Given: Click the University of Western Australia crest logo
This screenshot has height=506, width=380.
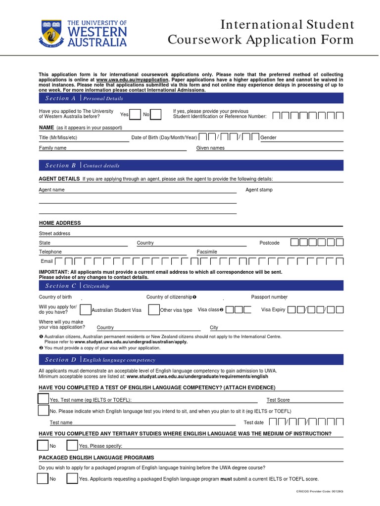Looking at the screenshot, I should pos(51,33).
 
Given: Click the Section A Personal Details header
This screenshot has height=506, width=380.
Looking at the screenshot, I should pos(84,98).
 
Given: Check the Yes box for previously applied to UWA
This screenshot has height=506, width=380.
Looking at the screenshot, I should pos(135,115).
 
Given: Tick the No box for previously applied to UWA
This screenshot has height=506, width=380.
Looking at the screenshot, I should pos(155,115).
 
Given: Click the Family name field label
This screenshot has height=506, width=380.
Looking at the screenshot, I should pos(52,148).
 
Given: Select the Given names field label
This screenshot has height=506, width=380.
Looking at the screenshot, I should pos(210,148).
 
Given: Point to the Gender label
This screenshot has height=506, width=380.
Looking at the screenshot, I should pos(269,137).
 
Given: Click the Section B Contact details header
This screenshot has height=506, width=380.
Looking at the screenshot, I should pos(83,166).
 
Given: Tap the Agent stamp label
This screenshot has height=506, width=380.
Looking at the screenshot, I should pos(259,190).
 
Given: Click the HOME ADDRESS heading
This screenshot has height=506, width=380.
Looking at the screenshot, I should pos(60,223).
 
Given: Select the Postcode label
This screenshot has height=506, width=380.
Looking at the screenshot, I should pos(270,243).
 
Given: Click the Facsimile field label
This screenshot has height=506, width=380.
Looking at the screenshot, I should pos(207,252).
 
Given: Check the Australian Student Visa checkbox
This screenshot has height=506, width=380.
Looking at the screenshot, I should pos(85,310).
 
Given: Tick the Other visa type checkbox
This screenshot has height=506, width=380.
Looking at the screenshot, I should pos(154,310).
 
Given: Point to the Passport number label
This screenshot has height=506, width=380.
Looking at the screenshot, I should pos(269,297).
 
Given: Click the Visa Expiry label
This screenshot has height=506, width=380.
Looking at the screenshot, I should pos(273,310).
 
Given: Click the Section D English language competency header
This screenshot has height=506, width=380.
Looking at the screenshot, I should pos(100,360).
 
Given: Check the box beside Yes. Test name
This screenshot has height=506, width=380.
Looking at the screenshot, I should pos(44,398).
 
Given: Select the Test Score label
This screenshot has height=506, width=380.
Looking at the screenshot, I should pos(278,400).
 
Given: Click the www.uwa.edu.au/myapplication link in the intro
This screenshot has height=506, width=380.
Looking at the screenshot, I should pos(132,80).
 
